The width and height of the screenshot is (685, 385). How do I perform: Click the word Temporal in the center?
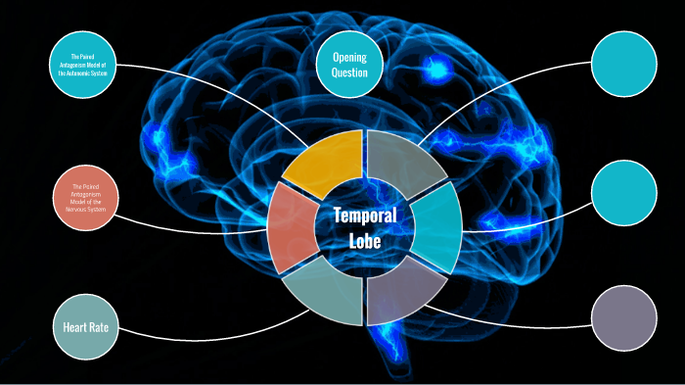[x=364, y=217]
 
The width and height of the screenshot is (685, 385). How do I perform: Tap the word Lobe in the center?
[x=364, y=241]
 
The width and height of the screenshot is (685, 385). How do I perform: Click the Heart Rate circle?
[x=85, y=326]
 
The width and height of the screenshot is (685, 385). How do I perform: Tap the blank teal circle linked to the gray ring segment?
[x=624, y=65]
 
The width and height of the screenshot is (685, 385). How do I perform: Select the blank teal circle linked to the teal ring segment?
[x=624, y=192]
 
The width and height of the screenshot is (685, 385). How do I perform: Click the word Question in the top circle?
[x=349, y=73]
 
